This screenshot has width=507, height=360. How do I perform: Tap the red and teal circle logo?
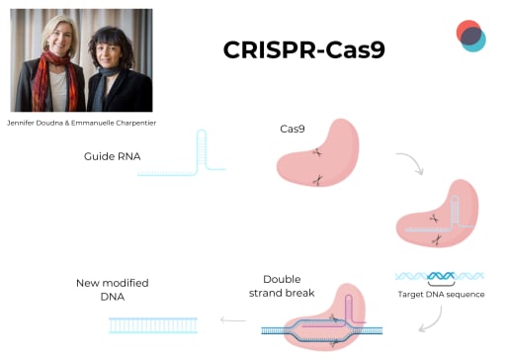[x=470, y=35]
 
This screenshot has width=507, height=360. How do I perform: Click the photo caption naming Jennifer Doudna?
[x=81, y=122]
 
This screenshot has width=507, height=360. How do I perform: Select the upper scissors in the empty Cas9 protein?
[x=316, y=152]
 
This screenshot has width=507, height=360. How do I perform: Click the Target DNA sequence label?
[x=441, y=294]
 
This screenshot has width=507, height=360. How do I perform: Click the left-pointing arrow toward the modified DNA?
[x=233, y=319]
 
